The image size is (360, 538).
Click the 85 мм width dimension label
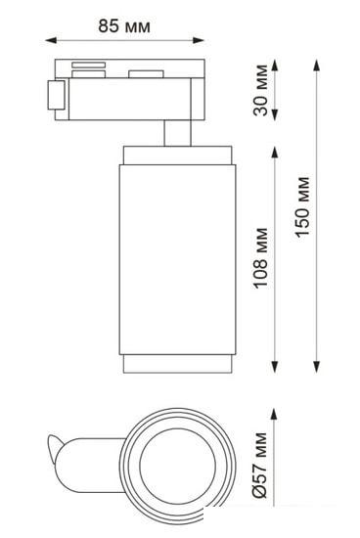click(x=124, y=25)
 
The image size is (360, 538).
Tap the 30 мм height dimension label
click(x=260, y=90)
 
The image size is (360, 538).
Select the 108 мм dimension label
click(x=260, y=257)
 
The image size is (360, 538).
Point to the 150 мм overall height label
click(x=302, y=206)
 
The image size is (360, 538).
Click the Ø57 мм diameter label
click(x=260, y=466)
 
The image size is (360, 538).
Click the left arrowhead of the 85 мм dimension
click(x=51, y=40)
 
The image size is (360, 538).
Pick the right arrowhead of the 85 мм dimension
click(x=199, y=40)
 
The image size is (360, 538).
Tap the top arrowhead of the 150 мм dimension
click(x=316, y=66)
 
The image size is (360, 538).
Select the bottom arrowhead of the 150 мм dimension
click(x=316, y=367)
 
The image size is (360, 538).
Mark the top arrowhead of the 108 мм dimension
click(x=274, y=153)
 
